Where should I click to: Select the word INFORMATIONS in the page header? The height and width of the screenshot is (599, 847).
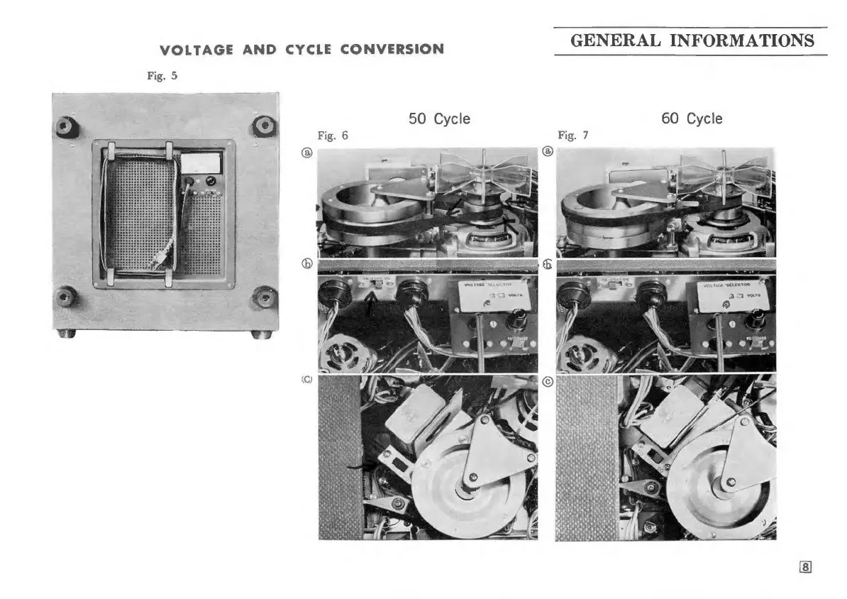click(742, 40)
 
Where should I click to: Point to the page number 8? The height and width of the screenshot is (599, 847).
click(805, 567)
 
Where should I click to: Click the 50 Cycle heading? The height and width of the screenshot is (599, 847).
click(439, 119)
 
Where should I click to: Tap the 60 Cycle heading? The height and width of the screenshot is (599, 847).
click(692, 119)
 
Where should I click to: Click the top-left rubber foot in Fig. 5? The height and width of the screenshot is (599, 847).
click(67, 128)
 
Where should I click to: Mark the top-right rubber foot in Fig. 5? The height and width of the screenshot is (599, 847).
click(264, 126)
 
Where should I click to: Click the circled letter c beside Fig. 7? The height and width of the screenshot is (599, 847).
click(548, 380)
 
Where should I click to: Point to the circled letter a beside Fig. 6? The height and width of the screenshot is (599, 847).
click(307, 152)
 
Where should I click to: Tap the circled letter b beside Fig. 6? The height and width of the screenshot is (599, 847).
click(308, 265)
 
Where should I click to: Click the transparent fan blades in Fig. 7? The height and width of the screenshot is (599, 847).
click(720, 170)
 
